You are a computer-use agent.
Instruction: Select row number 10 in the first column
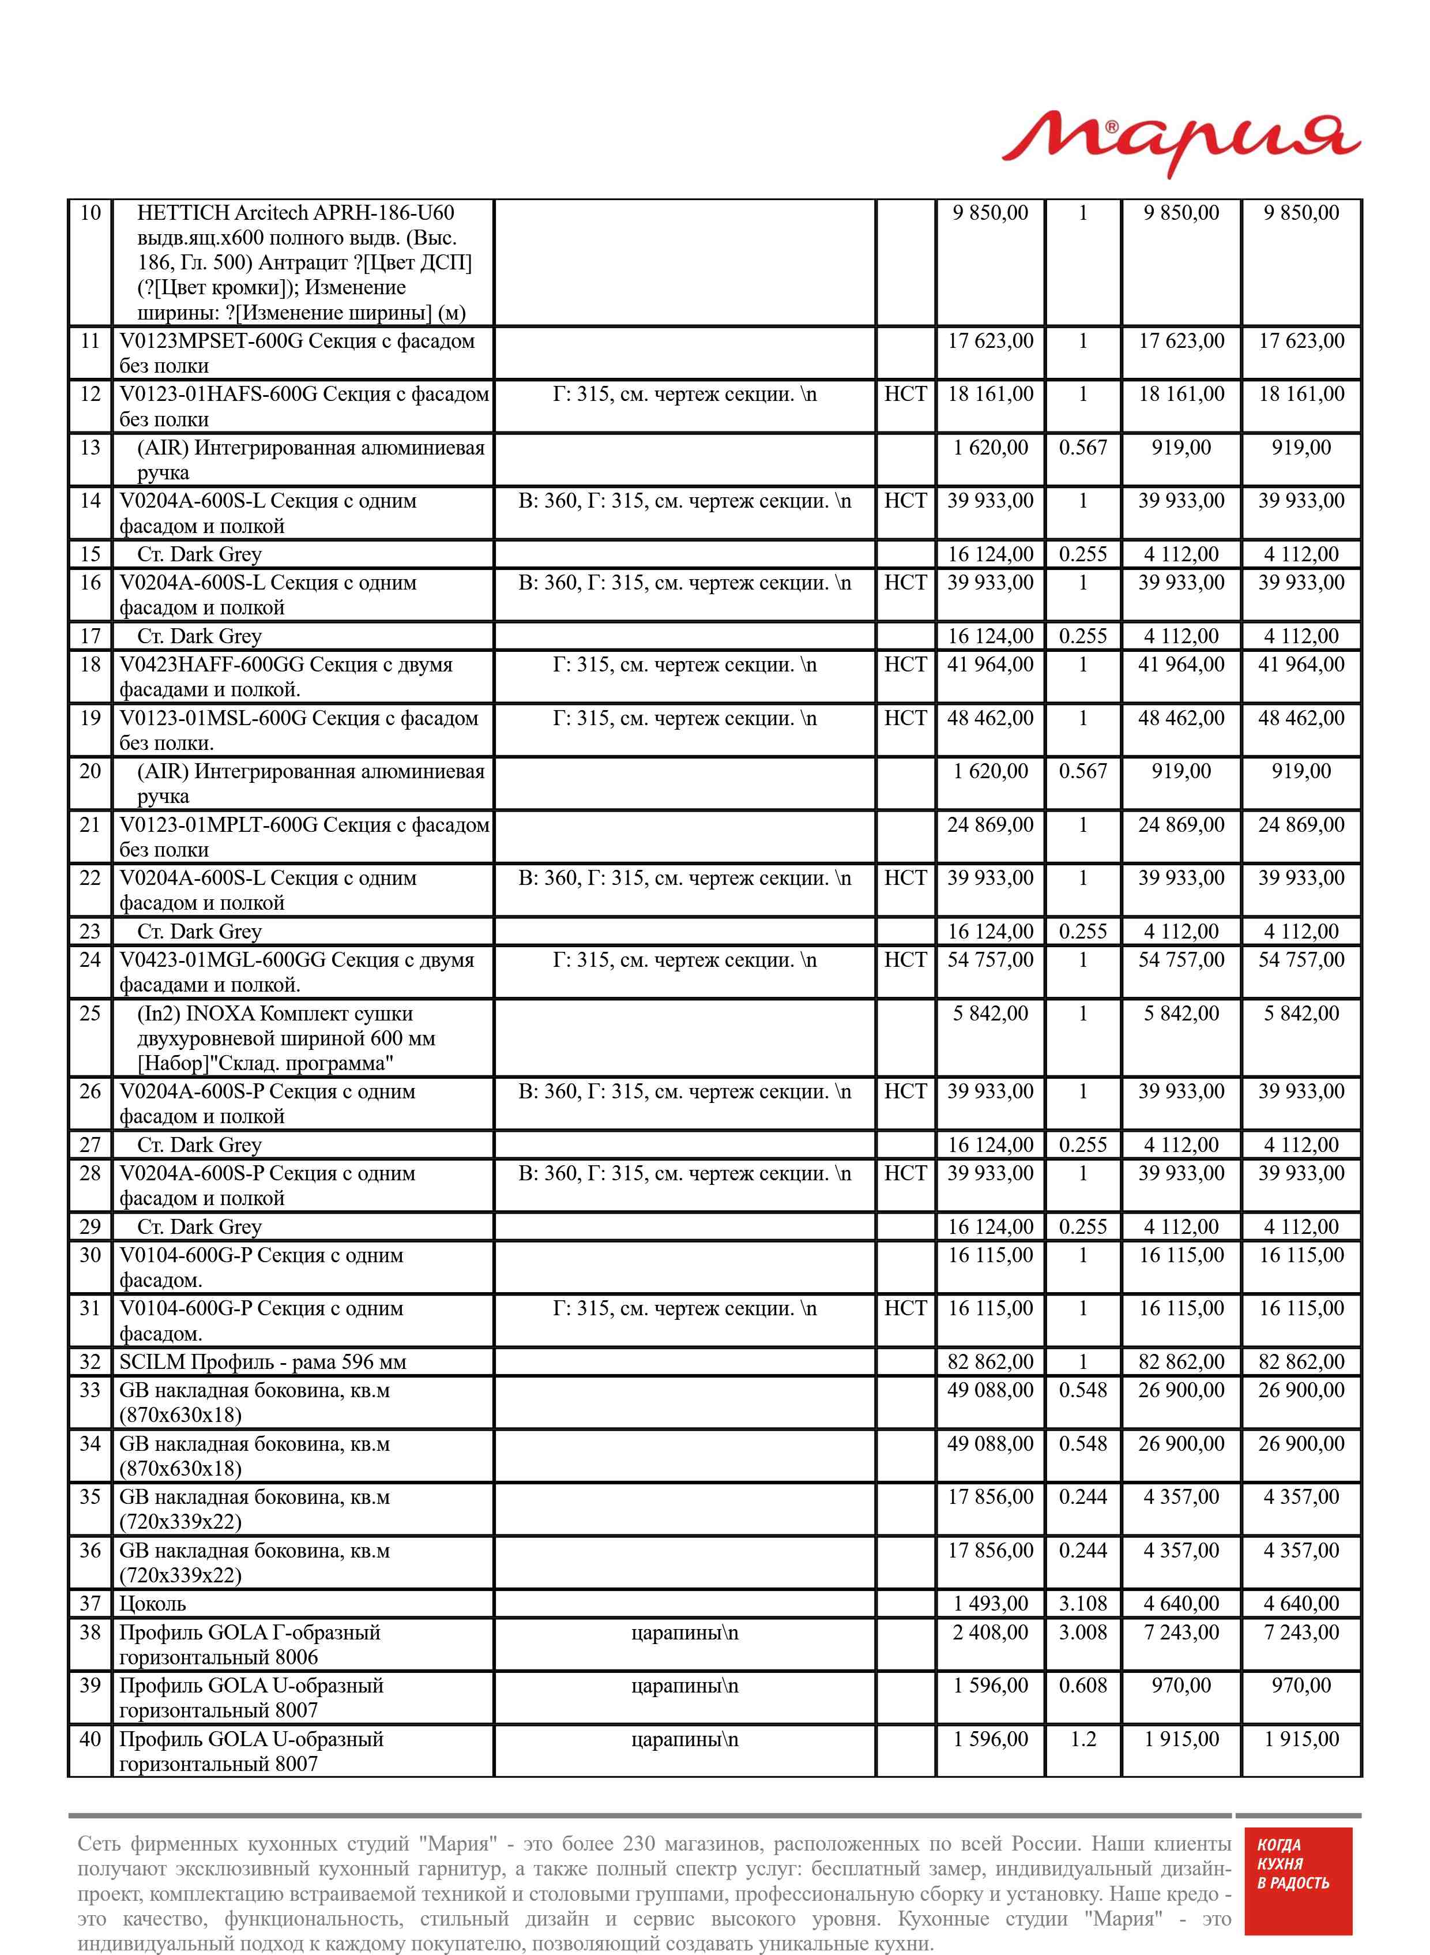[90, 213]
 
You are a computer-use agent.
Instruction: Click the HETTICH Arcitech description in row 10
[303, 262]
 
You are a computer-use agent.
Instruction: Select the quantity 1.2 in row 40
[1082, 1739]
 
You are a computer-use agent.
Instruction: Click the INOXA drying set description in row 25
[285, 1038]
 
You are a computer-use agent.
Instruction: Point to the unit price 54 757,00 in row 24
[990, 960]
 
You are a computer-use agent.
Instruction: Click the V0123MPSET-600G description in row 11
[297, 353]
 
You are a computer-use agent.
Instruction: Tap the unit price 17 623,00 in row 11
[990, 341]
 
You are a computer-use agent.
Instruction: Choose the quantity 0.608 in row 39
[1082, 1686]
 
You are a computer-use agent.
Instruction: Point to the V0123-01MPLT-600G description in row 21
[303, 837]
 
